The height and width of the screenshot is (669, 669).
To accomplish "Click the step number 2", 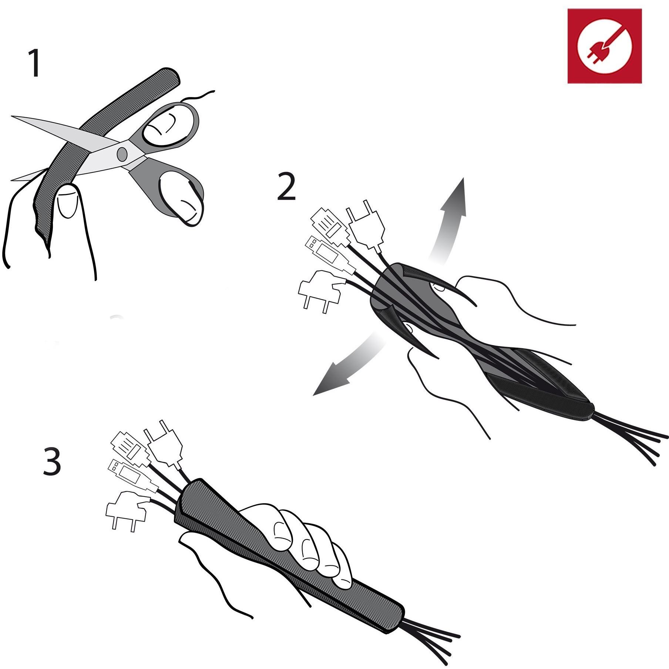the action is pyautogui.click(x=286, y=187).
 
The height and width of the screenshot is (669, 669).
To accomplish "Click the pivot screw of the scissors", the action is pyautogui.click(x=122, y=153).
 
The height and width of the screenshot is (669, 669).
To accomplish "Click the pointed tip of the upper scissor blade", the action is pyautogui.click(x=12, y=117).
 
